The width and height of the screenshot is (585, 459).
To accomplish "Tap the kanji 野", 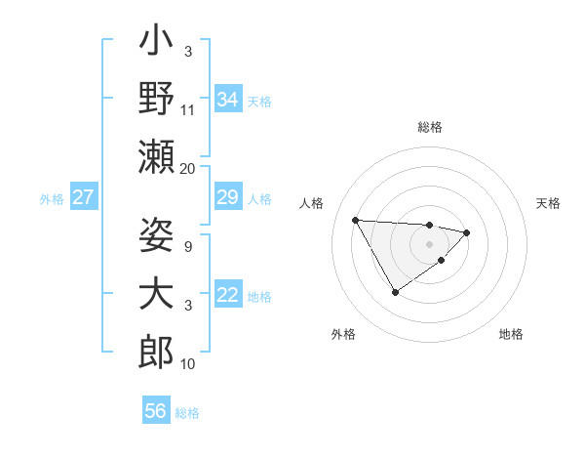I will pyautogui.click(x=156, y=99).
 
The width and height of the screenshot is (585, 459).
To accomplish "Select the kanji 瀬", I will pyautogui.click(x=156, y=157).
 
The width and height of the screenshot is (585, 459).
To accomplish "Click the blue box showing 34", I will pyautogui.click(x=228, y=99).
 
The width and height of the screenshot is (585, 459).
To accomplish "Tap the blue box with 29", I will pyautogui.click(x=228, y=197).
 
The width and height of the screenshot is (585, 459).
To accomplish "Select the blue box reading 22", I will pyautogui.click(x=228, y=295).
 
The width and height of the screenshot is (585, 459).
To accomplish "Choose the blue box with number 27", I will pyautogui.click(x=83, y=197).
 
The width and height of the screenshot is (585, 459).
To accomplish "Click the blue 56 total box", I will pyautogui.click(x=156, y=411).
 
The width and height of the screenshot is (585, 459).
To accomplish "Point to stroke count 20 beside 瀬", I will pyautogui.click(x=187, y=169).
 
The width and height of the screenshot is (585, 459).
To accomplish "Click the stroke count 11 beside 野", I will pyautogui.click(x=188, y=110).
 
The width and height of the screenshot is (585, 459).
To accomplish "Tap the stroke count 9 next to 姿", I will pyautogui.click(x=187, y=246).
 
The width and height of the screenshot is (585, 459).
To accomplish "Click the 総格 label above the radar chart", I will pyautogui.click(x=430, y=127).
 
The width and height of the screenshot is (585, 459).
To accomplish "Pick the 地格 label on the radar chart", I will pyautogui.click(x=511, y=334).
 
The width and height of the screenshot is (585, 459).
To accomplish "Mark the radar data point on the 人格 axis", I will pyautogui.click(x=355, y=219).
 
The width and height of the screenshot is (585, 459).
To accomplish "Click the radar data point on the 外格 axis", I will pyautogui.click(x=395, y=292).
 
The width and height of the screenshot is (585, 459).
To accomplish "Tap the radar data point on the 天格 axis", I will pyautogui.click(x=467, y=232).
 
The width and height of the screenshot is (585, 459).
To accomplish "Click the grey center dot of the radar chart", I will pyautogui.click(x=430, y=244).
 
